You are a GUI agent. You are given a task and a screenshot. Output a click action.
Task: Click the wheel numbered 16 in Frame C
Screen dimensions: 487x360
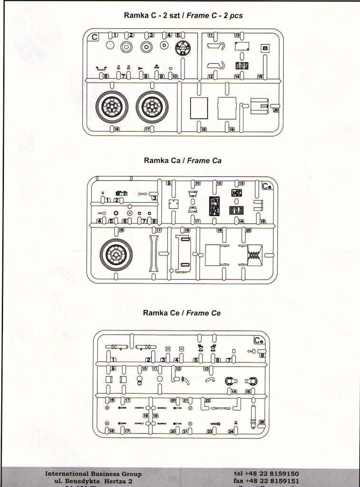click(x=112, y=106)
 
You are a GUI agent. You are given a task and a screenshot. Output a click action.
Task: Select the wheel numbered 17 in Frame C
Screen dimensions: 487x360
click(x=152, y=106)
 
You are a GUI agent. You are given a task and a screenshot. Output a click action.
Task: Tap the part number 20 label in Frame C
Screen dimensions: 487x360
click(x=276, y=110)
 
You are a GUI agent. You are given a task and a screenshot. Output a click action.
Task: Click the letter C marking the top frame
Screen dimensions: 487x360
click(x=94, y=37)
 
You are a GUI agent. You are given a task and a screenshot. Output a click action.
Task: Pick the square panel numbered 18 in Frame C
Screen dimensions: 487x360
click(x=199, y=108)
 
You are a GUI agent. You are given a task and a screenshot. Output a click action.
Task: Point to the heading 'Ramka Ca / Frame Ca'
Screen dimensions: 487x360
click(x=183, y=160)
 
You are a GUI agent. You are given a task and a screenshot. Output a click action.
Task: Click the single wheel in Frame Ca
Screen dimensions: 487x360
click(x=116, y=255)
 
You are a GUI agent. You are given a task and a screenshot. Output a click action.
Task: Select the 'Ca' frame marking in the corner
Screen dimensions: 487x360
click(x=267, y=187)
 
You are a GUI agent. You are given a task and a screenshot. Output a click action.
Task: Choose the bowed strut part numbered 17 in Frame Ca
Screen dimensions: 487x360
click(x=154, y=253)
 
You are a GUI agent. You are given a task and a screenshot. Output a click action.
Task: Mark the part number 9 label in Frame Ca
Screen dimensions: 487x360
click(x=168, y=183)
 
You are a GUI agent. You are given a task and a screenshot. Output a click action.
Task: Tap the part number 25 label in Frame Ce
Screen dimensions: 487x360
click(x=262, y=422)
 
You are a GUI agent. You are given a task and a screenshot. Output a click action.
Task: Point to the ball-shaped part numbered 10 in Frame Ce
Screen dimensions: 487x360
click(x=140, y=380)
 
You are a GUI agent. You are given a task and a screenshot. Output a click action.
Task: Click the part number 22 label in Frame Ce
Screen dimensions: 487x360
click(x=207, y=400)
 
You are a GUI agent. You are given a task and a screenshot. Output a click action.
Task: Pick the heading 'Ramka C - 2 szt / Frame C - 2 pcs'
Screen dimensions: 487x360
click(x=183, y=15)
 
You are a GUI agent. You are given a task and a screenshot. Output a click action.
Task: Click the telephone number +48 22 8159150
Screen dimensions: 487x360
click(x=266, y=474)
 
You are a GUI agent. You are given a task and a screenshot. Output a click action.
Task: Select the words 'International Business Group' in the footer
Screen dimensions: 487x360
click(x=93, y=474)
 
